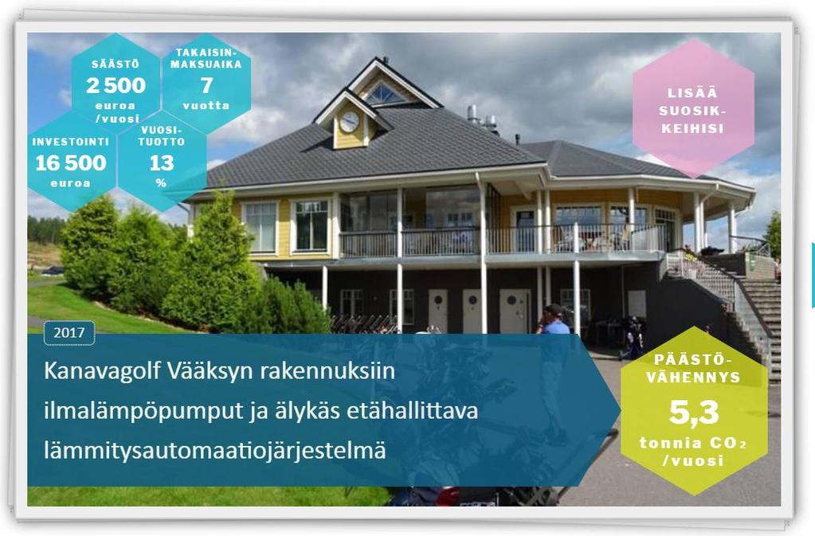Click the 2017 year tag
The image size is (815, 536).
pos(69,333)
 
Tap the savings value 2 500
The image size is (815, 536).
pos(116,85)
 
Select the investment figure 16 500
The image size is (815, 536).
pos(71,163)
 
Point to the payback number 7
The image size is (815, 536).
pos(207,85)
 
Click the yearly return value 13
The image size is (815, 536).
pos(162,163)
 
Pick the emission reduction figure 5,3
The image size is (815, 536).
pos(694,413)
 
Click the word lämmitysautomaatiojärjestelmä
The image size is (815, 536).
pos(215,450)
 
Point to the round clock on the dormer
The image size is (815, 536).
pos(349,122)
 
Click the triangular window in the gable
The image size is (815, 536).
pos(385,94)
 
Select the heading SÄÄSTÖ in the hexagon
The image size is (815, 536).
pos(116,65)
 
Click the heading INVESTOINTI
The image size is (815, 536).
pos(71,142)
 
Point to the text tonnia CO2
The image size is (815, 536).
pos(693,444)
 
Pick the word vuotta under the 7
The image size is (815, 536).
pos(206,105)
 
